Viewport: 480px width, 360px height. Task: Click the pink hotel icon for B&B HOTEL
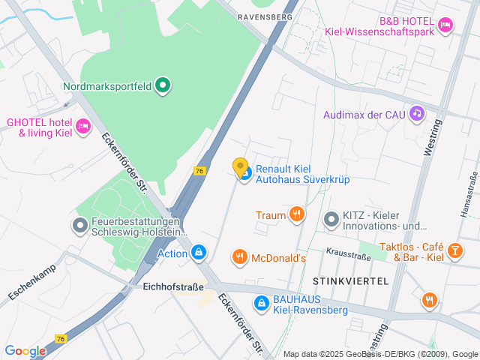[x=445, y=25]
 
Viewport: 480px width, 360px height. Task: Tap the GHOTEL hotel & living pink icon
[x=82, y=124]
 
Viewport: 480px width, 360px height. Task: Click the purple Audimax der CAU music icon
[x=417, y=114]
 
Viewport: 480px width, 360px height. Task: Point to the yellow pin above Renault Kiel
[x=240, y=167]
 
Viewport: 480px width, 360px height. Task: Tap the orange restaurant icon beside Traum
[x=297, y=215]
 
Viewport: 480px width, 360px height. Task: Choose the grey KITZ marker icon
[x=331, y=220]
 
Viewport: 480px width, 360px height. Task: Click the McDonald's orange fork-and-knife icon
[x=240, y=258]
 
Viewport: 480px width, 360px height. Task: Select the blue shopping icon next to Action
[x=198, y=253]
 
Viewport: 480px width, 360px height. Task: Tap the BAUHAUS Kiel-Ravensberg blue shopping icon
[x=262, y=303]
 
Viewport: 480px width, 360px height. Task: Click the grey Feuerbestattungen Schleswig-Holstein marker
[x=79, y=225]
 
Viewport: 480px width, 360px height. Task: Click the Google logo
[x=25, y=350]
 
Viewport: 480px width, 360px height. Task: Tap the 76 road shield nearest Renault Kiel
[x=199, y=171]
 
